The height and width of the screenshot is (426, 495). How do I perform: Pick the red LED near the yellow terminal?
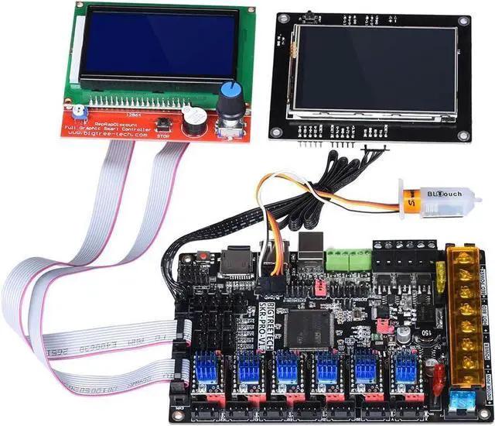(439, 377)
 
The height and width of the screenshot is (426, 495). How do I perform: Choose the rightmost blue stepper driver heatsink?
(402, 369)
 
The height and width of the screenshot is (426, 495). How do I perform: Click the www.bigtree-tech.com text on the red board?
(97, 132)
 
